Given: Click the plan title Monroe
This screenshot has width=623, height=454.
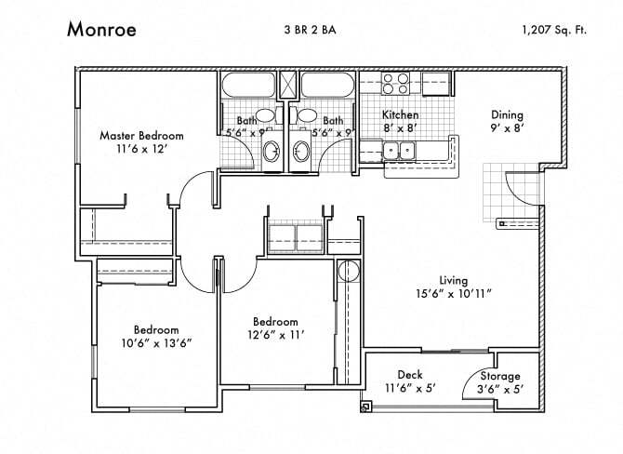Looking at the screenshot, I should click(101, 29).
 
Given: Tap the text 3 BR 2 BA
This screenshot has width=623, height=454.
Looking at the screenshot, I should click(310, 30).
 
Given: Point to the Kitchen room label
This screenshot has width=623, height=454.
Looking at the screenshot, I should click(400, 115).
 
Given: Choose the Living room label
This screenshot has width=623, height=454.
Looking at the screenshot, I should click(454, 280).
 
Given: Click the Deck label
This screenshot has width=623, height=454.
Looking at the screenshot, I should click(410, 375).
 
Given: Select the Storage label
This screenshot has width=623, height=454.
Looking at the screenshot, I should click(500, 376).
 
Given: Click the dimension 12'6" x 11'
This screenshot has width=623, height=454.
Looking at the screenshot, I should click(276, 334).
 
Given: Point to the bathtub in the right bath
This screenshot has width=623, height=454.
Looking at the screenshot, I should click(325, 86).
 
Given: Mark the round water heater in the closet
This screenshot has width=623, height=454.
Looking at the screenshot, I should click(348, 272).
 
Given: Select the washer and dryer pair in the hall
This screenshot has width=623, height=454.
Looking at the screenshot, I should click(295, 237).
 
